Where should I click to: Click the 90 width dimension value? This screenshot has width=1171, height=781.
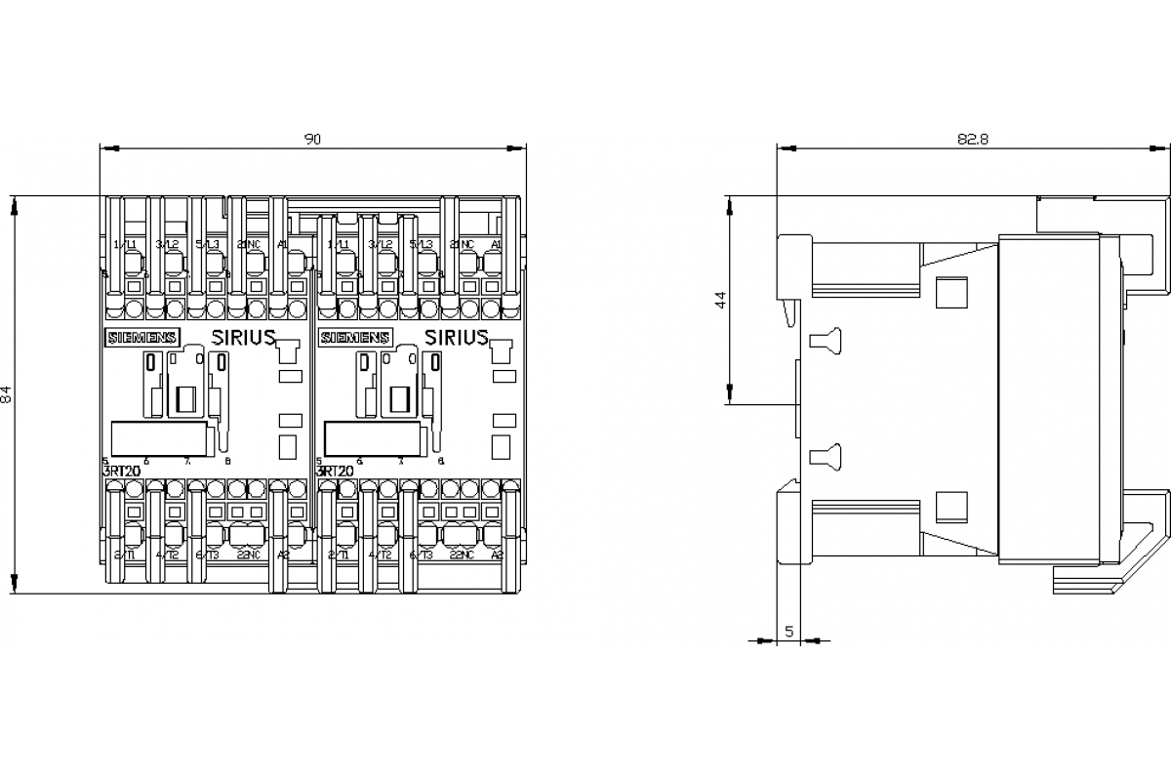[x=312, y=140]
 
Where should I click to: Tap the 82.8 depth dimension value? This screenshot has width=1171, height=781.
[x=972, y=140]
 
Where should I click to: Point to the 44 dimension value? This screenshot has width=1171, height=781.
[x=721, y=300]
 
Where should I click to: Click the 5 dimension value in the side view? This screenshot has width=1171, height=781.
[x=788, y=631]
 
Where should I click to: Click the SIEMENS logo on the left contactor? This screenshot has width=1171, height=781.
[x=141, y=338]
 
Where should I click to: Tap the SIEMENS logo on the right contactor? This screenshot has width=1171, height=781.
[x=354, y=338]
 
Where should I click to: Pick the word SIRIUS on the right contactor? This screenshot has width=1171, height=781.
[x=456, y=338]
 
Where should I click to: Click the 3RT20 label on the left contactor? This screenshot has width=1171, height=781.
[x=121, y=471]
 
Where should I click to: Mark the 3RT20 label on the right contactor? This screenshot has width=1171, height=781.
[x=335, y=471]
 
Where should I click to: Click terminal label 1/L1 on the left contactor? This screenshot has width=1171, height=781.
[x=124, y=244]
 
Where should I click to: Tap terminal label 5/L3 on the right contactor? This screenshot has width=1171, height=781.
[x=421, y=244]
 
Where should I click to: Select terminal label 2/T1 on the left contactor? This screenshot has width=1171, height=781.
[x=125, y=555]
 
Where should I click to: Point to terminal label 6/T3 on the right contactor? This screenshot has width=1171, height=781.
[x=421, y=555]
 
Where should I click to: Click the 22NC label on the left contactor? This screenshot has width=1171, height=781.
[x=248, y=555]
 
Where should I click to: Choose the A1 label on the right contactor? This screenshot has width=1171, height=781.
[x=496, y=244]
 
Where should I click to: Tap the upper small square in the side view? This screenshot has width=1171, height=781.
[x=949, y=292]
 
